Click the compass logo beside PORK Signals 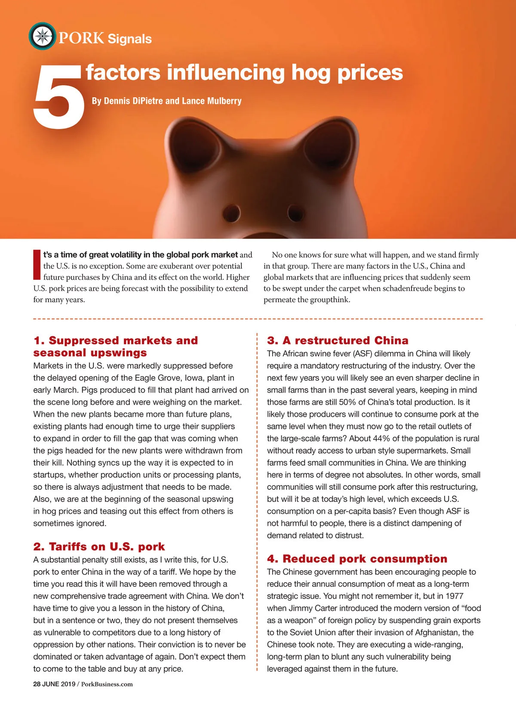[x=42, y=36]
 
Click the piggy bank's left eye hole [x=231, y=213]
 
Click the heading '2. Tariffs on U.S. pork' [x=99, y=547]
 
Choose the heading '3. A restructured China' [x=338, y=340]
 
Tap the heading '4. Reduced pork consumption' [x=357, y=559]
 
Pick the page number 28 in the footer [x=37, y=684]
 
